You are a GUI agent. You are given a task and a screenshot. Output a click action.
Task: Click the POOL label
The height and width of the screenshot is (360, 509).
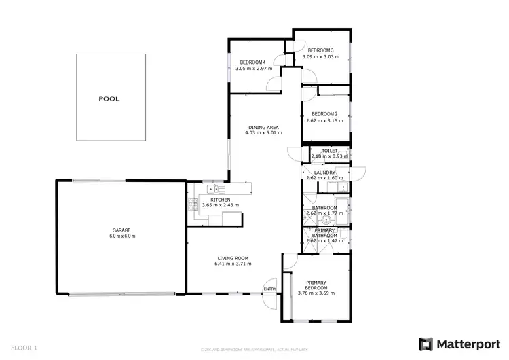(x=109, y=98)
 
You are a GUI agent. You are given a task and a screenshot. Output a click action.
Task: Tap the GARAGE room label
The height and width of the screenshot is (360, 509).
(x=122, y=230)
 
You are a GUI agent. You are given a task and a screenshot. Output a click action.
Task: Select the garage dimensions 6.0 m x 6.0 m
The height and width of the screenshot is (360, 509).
(x=122, y=236)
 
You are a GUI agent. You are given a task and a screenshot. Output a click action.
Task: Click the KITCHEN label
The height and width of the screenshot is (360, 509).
(x=210, y=200)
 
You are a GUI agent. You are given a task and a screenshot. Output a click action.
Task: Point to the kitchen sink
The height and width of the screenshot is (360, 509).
(x=212, y=188)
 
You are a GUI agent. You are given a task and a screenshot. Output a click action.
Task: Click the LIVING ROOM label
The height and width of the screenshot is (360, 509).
(x=233, y=257)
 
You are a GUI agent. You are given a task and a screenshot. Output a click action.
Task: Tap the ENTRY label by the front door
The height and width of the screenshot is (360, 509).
(x=270, y=289)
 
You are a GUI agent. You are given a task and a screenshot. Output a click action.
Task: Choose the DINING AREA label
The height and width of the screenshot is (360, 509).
(x=263, y=127)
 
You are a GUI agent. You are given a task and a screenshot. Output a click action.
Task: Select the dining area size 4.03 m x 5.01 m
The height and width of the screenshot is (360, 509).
(x=263, y=133)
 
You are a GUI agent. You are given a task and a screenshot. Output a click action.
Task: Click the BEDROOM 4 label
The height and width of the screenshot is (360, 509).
(x=252, y=62)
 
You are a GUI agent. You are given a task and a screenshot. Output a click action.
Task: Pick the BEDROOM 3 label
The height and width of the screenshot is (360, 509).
(x=320, y=50)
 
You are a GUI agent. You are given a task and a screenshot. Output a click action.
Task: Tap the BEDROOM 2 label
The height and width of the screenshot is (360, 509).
(x=324, y=114)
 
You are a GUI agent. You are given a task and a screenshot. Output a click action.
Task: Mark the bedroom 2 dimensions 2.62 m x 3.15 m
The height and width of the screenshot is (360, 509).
(x=324, y=121)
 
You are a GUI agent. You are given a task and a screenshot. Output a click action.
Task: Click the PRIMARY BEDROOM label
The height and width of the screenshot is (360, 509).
(x=316, y=285)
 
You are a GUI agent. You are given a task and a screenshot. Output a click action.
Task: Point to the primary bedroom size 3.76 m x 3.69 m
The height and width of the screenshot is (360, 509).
(x=316, y=293)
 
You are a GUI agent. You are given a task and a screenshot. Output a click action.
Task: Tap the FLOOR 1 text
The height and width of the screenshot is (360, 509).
(x=24, y=348)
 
